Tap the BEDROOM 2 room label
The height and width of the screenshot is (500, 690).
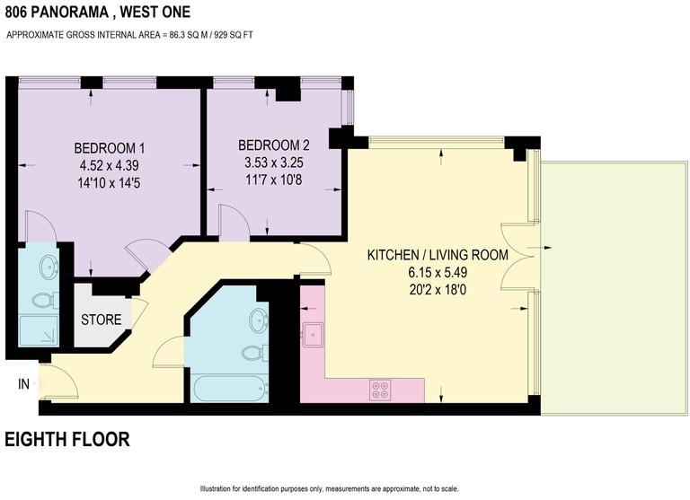click(274, 145)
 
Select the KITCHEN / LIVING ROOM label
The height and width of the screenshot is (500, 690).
click(438, 255)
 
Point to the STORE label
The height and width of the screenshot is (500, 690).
click(101, 320)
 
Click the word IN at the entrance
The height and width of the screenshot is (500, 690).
click(23, 384)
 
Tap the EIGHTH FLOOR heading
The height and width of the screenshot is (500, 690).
click(67, 440)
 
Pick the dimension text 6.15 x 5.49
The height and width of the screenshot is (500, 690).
click(438, 271)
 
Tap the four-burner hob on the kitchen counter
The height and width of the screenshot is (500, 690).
click(380, 390)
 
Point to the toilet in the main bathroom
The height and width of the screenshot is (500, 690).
click(252, 353)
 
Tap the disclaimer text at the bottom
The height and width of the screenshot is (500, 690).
click(329, 489)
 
